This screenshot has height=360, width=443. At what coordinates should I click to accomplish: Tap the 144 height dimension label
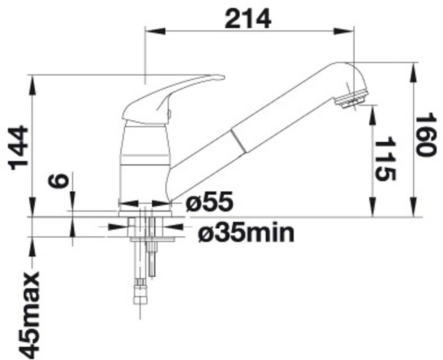click(19, 148)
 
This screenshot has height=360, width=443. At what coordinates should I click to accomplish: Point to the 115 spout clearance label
click(385, 159)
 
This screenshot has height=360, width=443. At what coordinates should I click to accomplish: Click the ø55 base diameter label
click(209, 201)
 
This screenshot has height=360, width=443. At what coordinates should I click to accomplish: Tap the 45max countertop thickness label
click(29, 315)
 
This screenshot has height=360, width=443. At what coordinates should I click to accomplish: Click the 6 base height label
click(58, 181)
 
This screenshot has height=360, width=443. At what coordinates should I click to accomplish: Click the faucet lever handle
click(172, 99)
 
